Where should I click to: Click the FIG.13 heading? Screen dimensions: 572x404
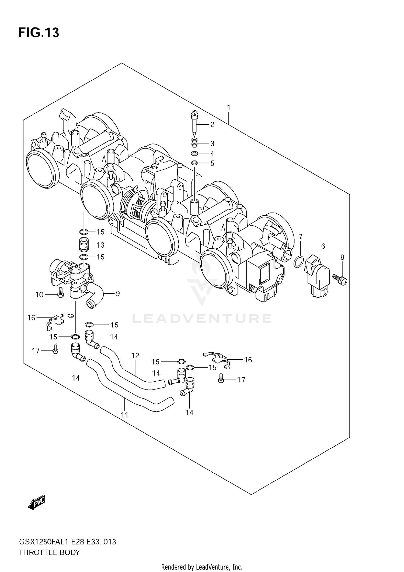pos(39,33)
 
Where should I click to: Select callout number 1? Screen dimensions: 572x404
pos(228,108)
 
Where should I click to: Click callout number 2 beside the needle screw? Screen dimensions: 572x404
pos(212,125)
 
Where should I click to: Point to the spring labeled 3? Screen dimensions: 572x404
pos(194,142)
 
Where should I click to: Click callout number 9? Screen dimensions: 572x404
pos(118,293)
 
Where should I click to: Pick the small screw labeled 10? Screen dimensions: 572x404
pos(61,292)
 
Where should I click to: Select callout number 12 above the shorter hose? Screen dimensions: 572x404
pos(135,356)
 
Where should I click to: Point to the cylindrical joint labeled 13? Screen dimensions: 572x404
pos(84,244)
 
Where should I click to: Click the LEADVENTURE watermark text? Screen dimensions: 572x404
pos(201,318)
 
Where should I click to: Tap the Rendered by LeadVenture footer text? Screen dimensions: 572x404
pos(201,567)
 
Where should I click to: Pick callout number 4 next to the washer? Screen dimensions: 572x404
pos(212,154)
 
